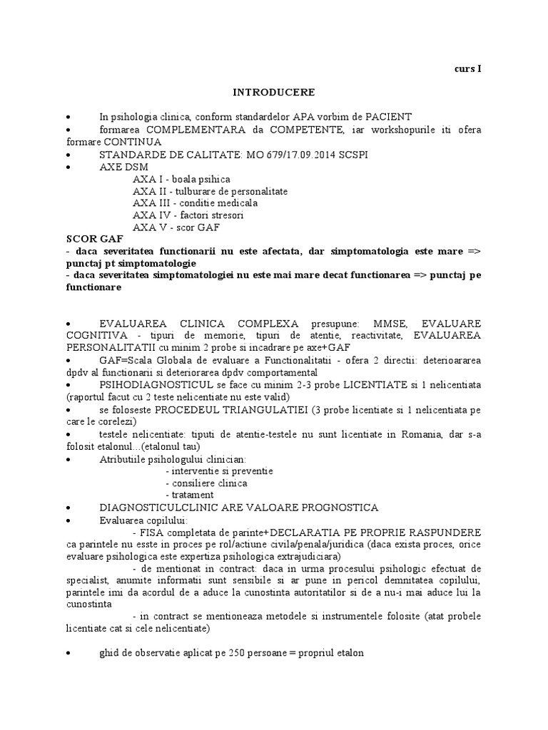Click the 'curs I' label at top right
tap(468, 69)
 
